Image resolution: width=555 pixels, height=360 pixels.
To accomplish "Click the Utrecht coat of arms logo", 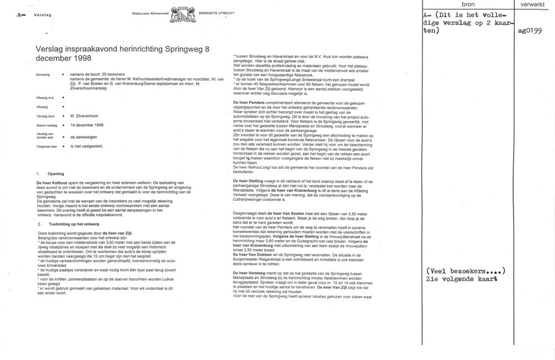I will [x=183, y=13].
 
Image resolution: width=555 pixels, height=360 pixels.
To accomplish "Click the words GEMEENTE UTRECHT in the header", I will [x=216, y=12].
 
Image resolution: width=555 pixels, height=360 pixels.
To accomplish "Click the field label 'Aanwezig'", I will [x=43, y=74].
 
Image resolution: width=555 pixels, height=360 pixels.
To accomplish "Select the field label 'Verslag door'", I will [x=44, y=116].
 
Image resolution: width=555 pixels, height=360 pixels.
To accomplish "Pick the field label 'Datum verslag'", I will [x=46, y=125].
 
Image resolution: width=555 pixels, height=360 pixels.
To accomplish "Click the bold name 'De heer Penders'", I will [x=251, y=103].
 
